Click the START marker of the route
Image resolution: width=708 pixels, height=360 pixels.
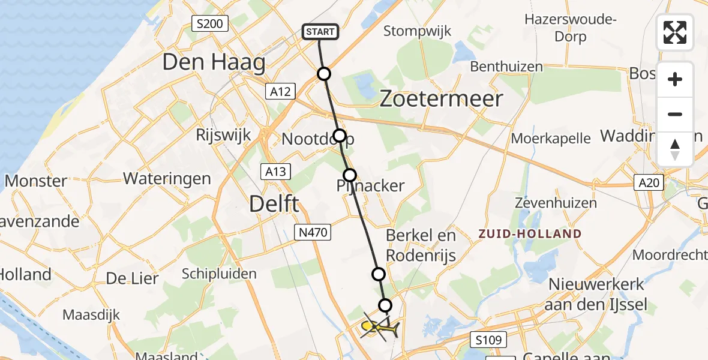tap(321, 32)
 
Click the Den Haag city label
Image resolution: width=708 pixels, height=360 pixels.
tap(214, 62)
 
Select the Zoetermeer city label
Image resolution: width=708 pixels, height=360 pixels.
tap(442, 99)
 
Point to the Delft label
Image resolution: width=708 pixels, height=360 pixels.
tap(274, 205)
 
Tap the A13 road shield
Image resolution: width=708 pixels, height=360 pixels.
tap(276, 172)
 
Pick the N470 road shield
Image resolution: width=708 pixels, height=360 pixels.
tap(313, 232)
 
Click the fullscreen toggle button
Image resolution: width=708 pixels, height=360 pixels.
tap(675, 32)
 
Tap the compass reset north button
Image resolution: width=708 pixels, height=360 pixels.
tap(675, 149)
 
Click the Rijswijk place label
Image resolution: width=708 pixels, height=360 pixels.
tap(222, 135)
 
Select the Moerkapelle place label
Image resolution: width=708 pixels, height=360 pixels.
tap(551, 139)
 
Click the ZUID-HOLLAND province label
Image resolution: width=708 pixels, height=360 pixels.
tap(530, 234)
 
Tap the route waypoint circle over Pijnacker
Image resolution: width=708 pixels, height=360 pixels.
tap(349, 175)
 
